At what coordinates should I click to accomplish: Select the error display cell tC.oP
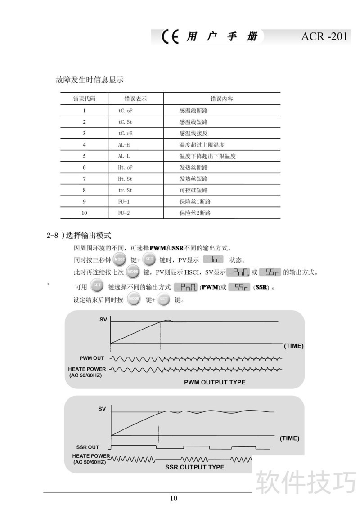click(x=126, y=110)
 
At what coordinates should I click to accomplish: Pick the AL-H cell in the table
click(x=124, y=144)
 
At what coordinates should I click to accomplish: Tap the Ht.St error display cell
click(x=125, y=179)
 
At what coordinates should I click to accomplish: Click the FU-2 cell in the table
click(x=124, y=213)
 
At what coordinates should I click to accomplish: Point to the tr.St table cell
click(x=125, y=190)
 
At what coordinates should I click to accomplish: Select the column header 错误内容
click(x=222, y=98)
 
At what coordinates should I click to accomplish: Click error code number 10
click(x=84, y=213)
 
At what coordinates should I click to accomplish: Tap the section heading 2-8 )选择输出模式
click(x=79, y=235)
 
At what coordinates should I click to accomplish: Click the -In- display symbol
click(x=213, y=259)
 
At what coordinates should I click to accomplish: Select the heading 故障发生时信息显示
click(x=90, y=80)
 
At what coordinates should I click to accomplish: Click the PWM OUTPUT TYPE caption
click(x=215, y=382)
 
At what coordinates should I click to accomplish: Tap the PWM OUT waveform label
click(x=92, y=358)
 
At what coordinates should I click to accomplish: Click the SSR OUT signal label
click(x=87, y=447)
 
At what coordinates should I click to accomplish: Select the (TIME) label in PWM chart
click(x=293, y=346)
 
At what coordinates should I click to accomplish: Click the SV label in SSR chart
click(x=102, y=409)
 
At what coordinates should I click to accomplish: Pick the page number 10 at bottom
click(x=174, y=497)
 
